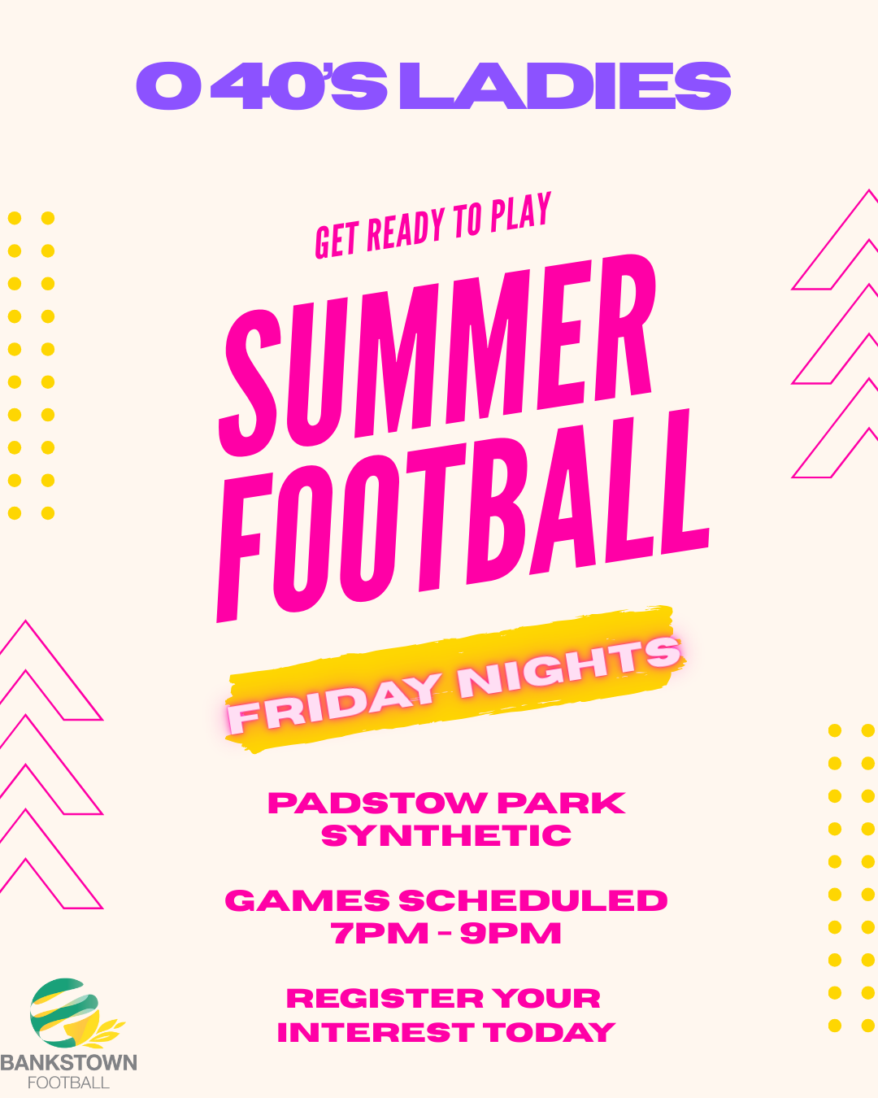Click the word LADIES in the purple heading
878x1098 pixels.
(565, 85)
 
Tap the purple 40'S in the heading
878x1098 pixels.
(299, 85)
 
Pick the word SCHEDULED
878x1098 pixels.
(532, 900)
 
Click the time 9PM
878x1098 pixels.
(511, 933)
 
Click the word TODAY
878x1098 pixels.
(549, 1031)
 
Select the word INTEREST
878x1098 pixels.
(376, 1031)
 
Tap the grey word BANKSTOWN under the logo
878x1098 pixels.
(68, 1063)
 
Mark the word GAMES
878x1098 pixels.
(307, 900)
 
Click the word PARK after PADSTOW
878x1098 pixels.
(561, 803)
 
